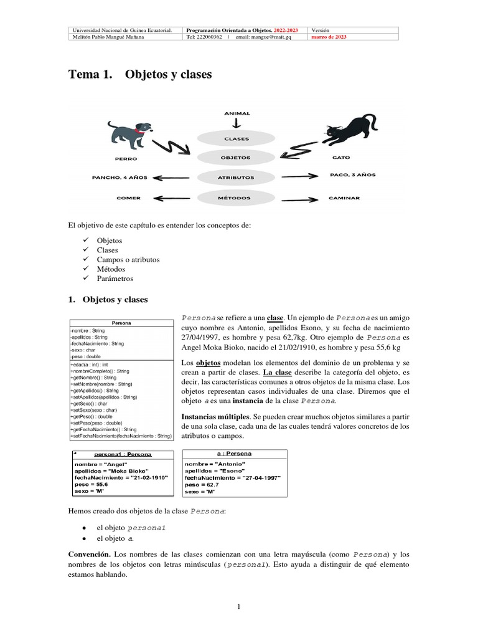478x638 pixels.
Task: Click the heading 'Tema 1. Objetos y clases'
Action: pos(139,75)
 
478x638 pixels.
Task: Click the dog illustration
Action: pos(127,133)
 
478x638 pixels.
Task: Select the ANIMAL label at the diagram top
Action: pos(237,113)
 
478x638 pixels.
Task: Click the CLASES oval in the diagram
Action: pos(237,139)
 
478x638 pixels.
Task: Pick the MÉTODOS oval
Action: pos(236,198)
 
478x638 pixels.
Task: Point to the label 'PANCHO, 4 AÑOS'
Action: pos(119,178)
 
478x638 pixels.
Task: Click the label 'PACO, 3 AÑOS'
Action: pos(352,176)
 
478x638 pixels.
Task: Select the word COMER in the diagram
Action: pos(128,198)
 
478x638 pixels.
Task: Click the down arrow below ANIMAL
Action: pos(237,123)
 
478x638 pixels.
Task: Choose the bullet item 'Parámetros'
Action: pos(115,279)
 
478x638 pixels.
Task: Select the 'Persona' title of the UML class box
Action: pos(121,323)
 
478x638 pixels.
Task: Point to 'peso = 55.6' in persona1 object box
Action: pos(91,483)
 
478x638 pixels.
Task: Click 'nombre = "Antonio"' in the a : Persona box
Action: pos(215,464)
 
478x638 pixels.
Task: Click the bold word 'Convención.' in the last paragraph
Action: pos(90,554)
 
